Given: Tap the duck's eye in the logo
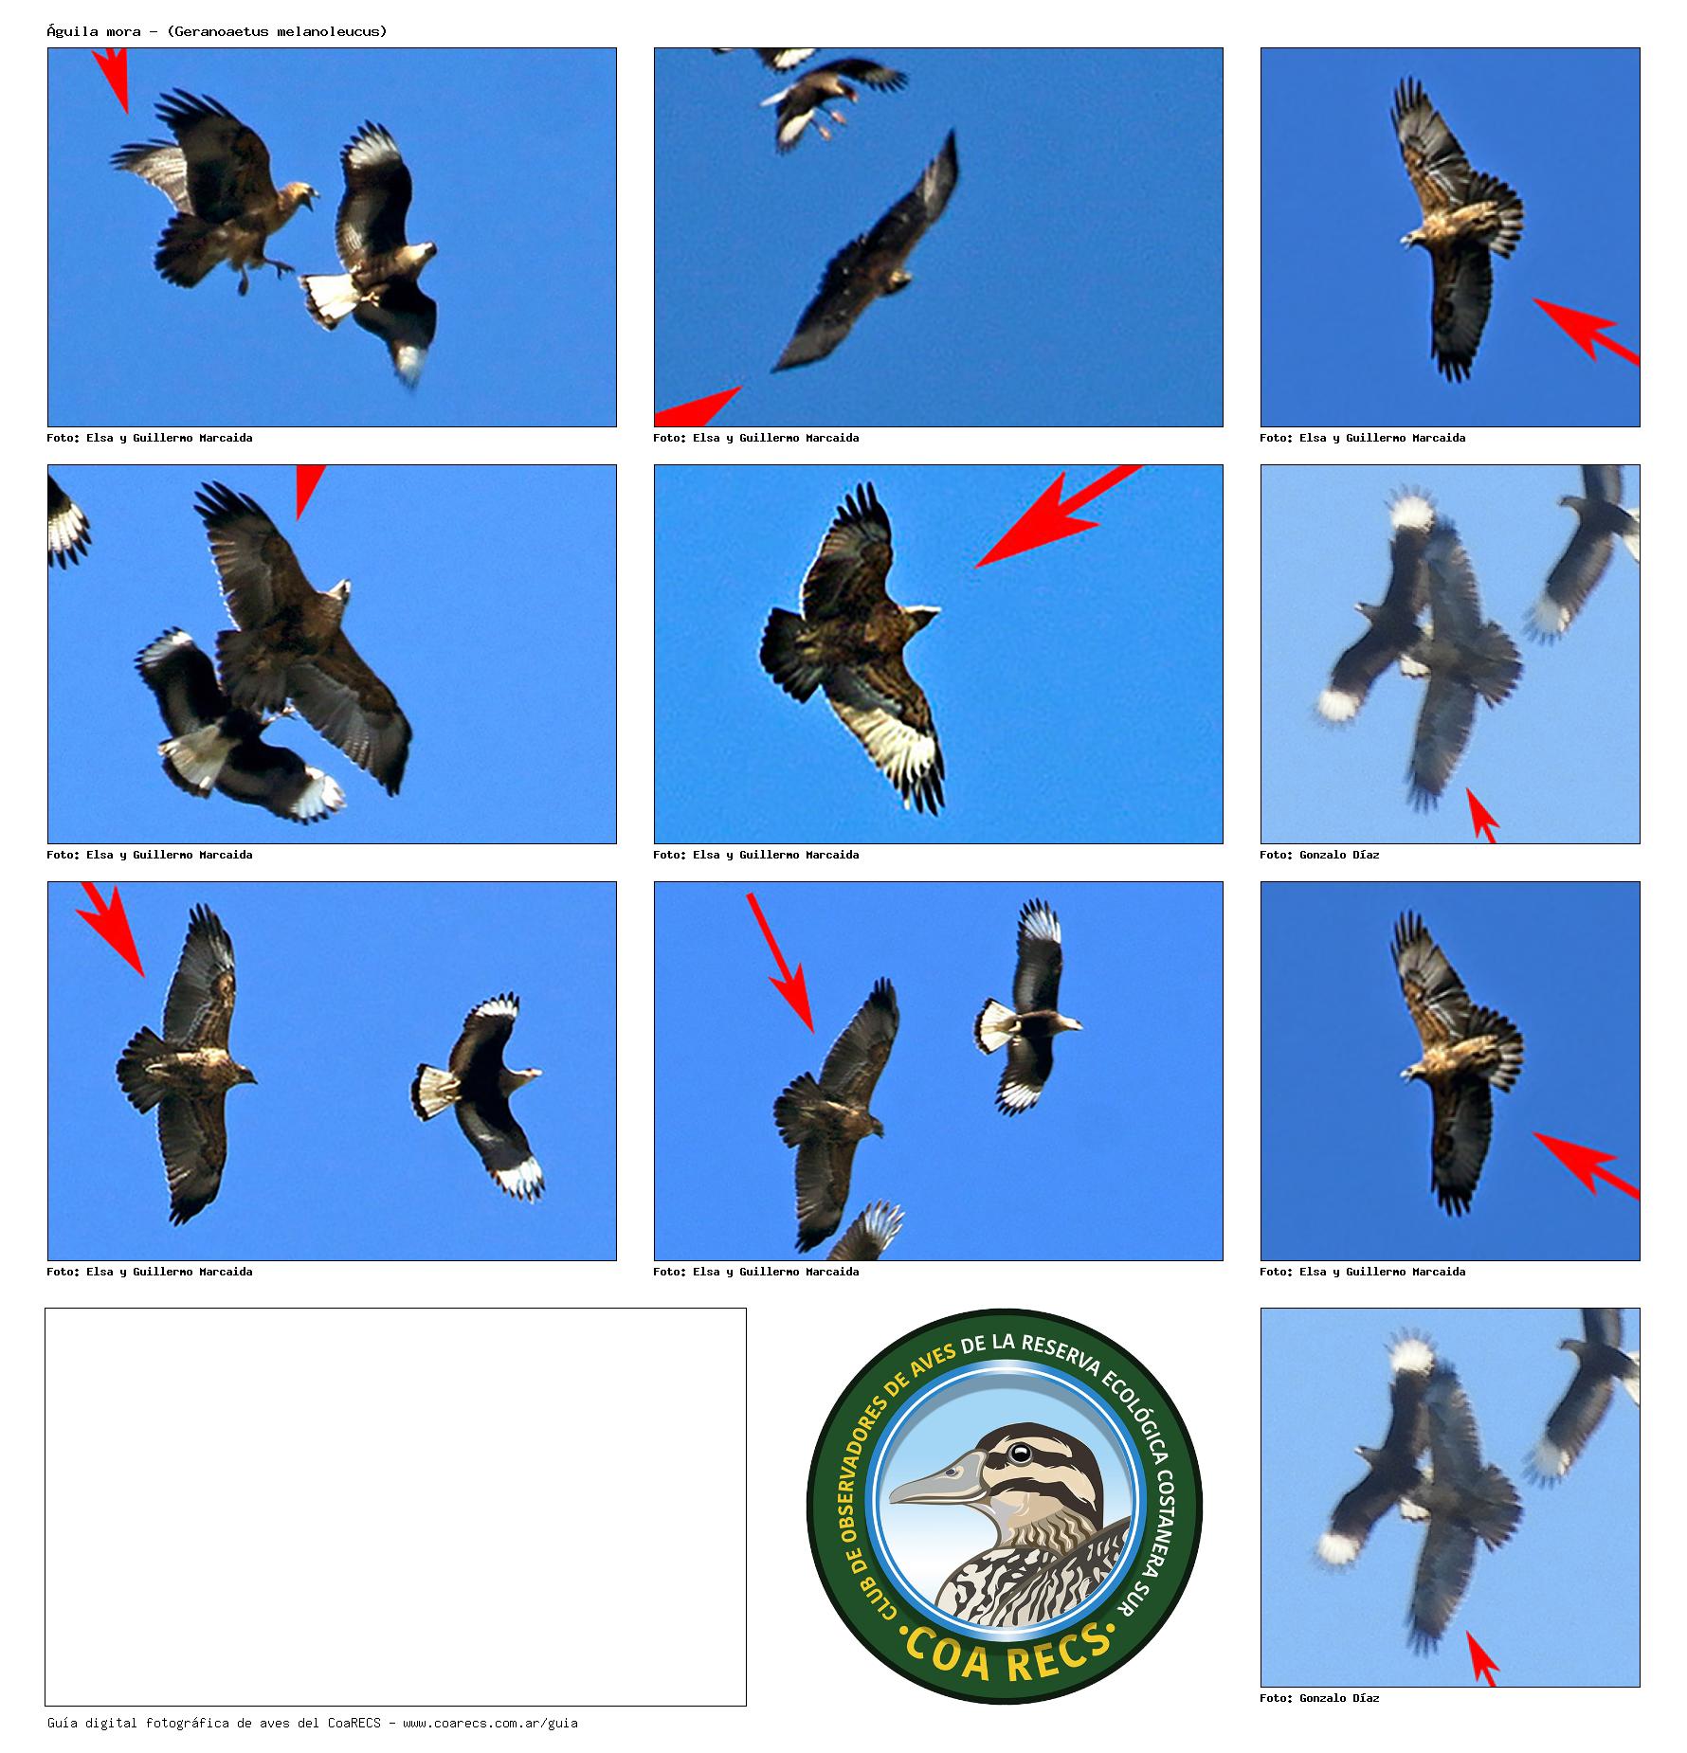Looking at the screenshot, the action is tap(1021, 1453).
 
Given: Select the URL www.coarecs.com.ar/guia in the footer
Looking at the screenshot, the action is tap(490, 1723).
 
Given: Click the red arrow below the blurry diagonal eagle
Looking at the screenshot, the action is tap(698, 407).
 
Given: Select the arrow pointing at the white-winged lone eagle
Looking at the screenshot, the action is tap(1059, 515).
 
